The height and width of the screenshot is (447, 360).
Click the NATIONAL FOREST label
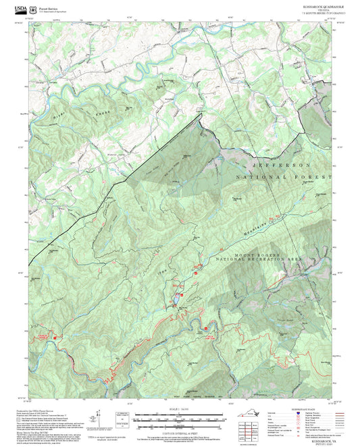click(284, 177)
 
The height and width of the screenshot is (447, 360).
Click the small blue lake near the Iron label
click(178, 286)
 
